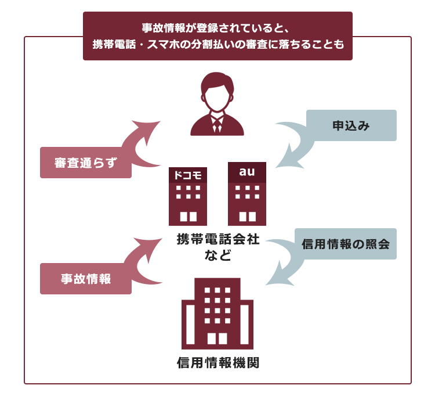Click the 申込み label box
[x=351, y=125]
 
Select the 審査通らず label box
[x=86, y=163]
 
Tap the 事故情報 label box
[x=86, y=279]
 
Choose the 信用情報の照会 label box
[x=346, y=244]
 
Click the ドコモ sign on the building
[x=188, y=175]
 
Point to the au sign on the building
[x=247, y=172]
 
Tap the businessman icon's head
[x=217, y=92]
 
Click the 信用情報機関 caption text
[x=218, y=363]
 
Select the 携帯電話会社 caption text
[x=218, y=239]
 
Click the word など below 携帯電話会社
[x=218, y=255]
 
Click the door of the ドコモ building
[x=188, y=217]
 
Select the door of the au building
[x=248, y=217]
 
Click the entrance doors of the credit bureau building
[x=217, y=339]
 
